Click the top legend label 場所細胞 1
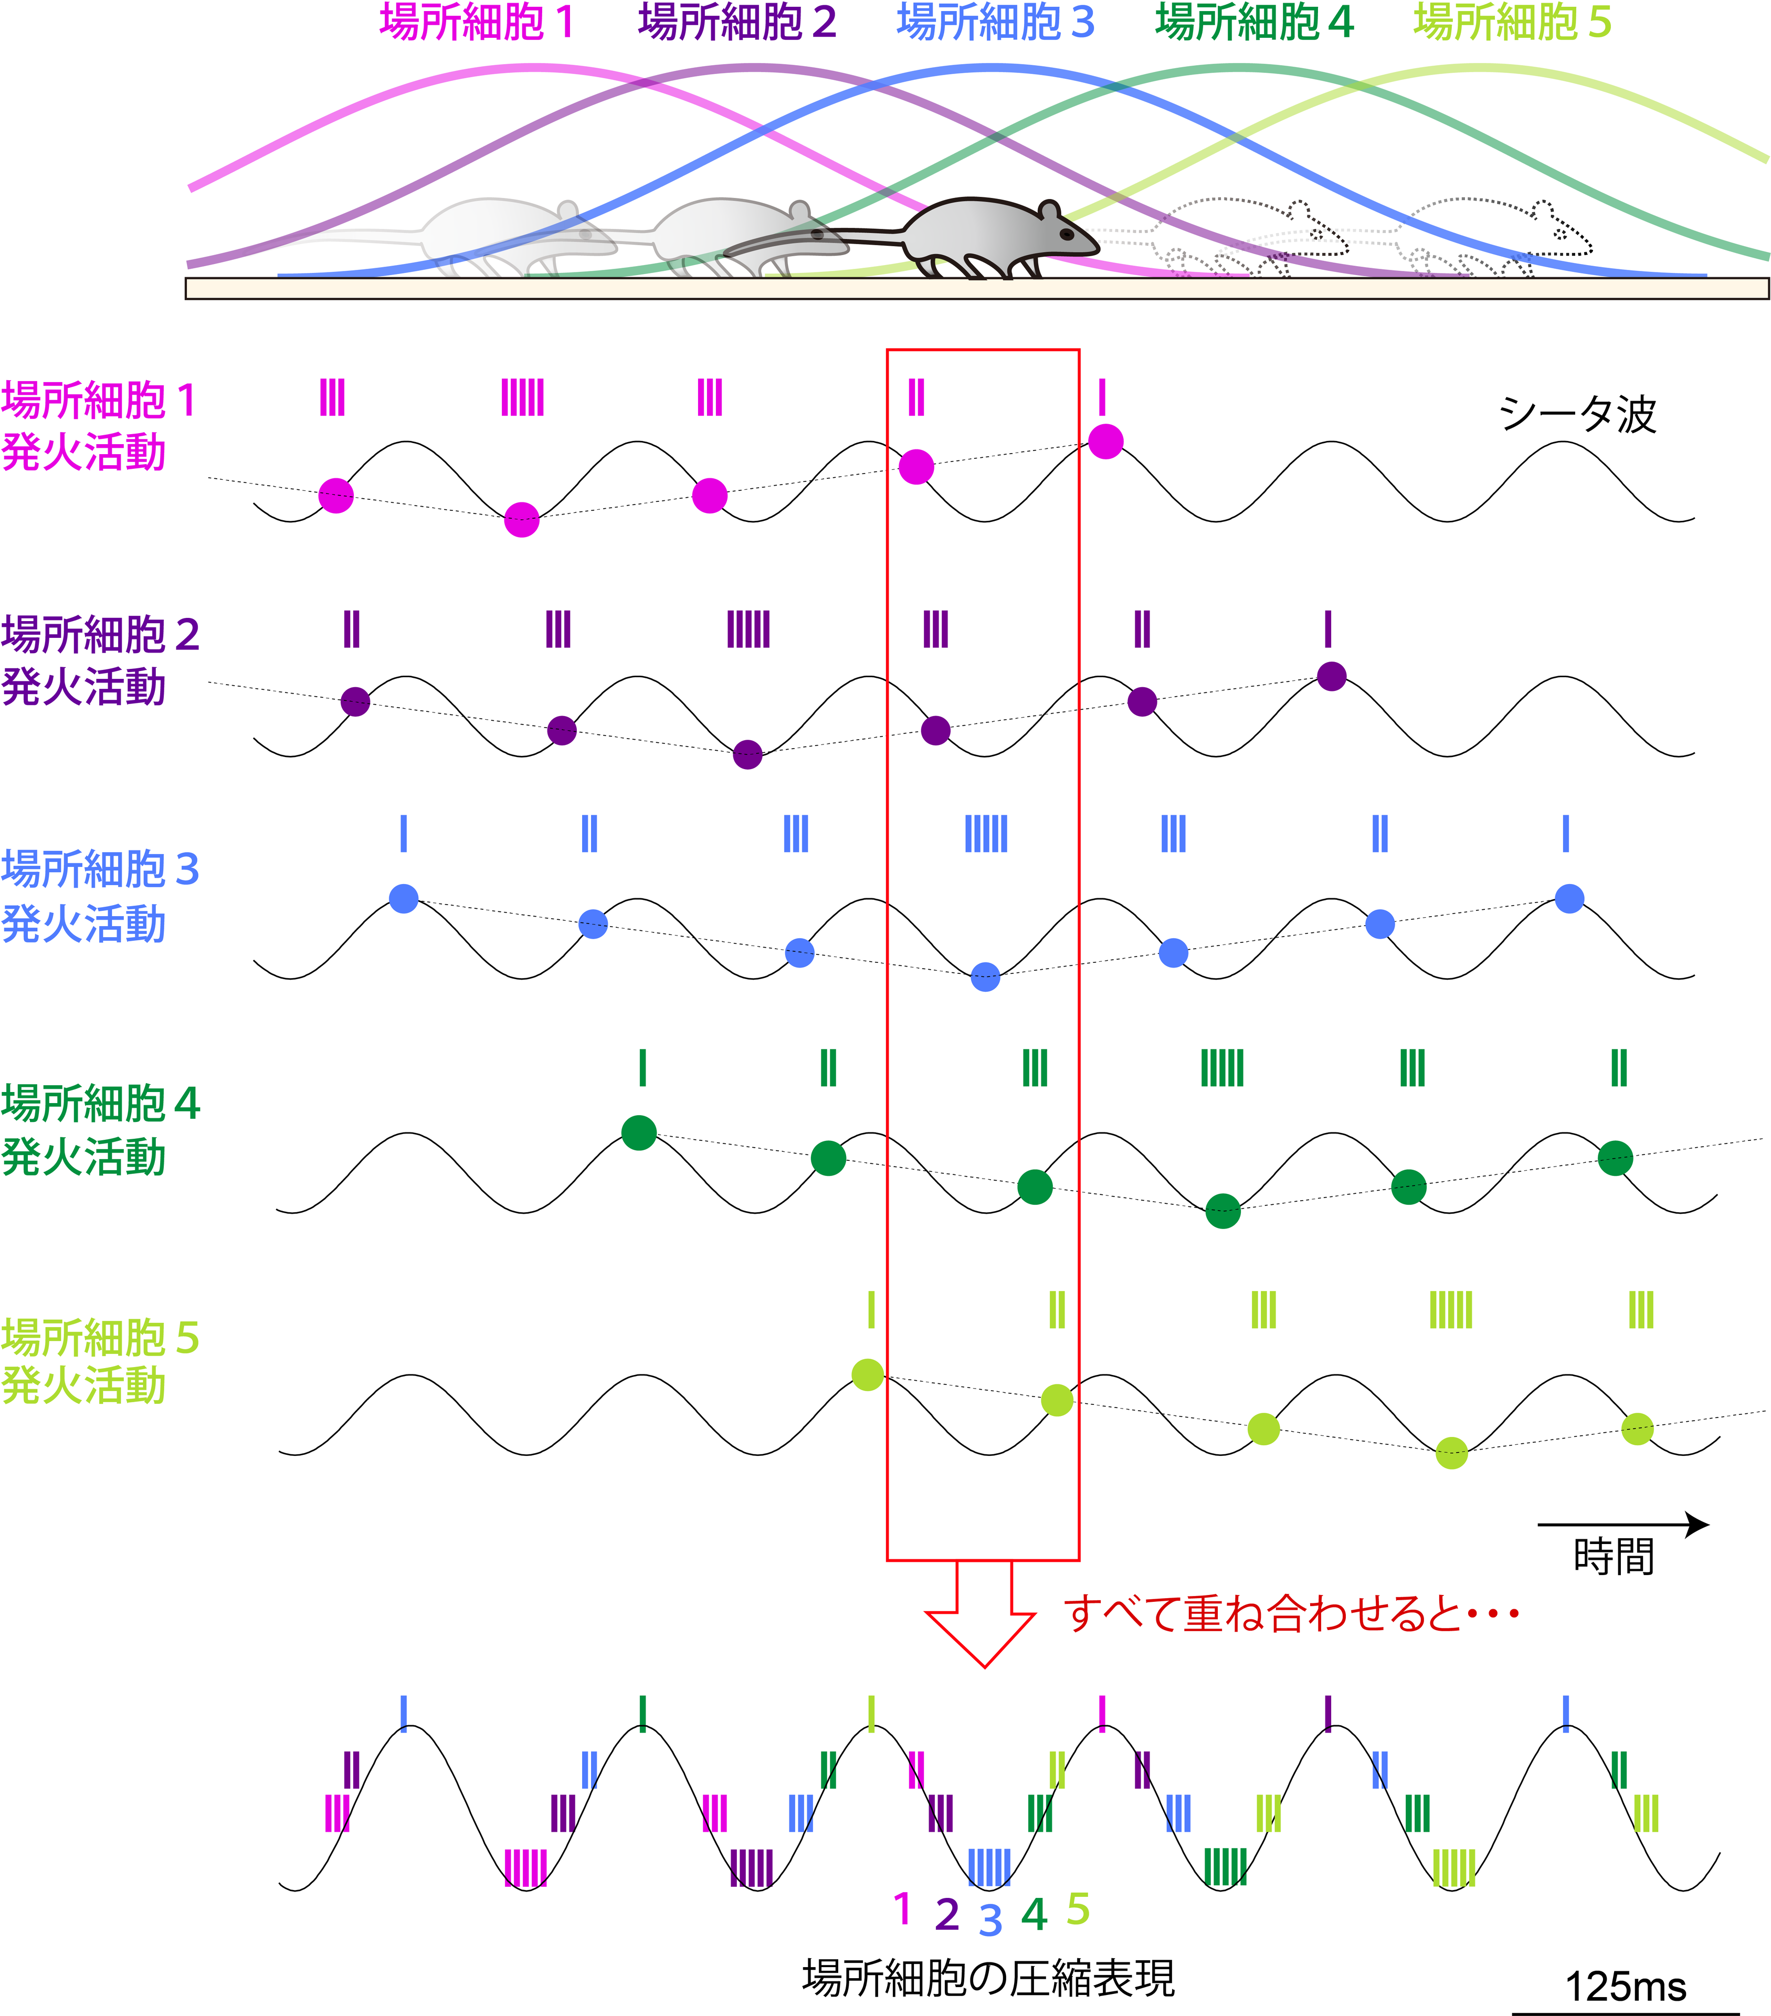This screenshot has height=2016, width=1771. (x=477, y=22)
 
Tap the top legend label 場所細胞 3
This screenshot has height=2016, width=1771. (x=995, y=22)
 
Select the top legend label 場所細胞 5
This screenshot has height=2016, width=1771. (x=1512, y=22)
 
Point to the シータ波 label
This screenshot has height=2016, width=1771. (x=1578, y=414)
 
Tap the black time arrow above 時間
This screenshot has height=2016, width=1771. (x=1622, y=1525)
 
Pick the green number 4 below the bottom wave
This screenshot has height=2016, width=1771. (x=1034, y=1914)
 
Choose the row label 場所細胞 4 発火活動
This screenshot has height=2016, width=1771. (x=99, y=1129)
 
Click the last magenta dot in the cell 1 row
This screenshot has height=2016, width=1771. (x=1105, y=441)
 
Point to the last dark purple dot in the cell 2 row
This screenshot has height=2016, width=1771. (x=1331, y=677)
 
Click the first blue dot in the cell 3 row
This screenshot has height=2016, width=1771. (x=403, y=898)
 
